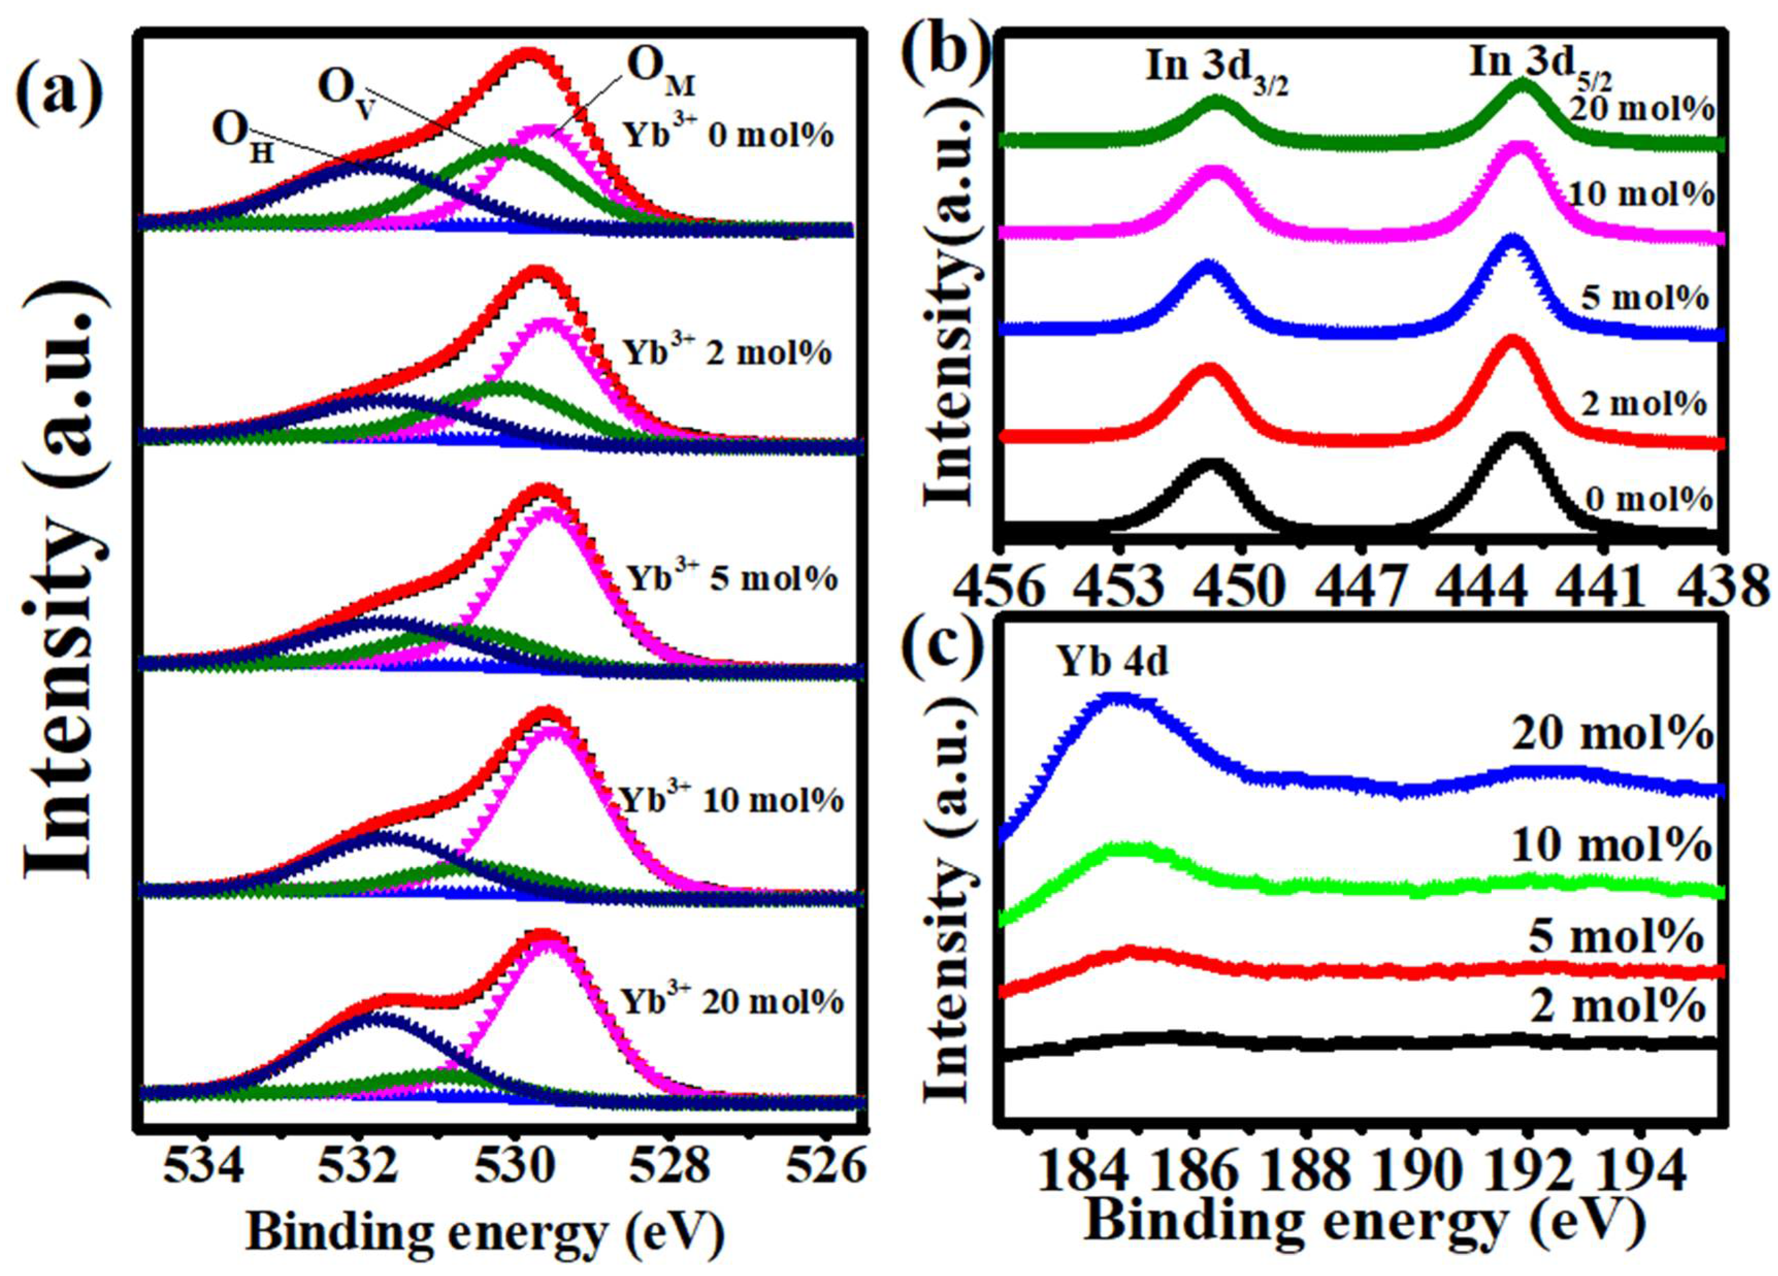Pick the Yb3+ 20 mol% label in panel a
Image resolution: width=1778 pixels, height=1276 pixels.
click(x=733, y=1002)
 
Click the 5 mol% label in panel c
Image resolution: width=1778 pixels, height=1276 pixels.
click(x=1616, y=937)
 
